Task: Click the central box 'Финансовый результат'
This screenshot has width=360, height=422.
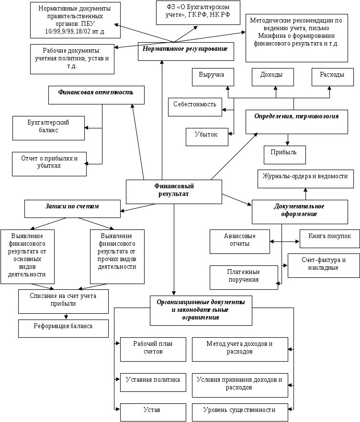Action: [x=174, y=192]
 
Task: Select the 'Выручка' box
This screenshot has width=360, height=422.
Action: [x=213, y=77]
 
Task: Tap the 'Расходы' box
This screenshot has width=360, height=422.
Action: [x=333, y=77]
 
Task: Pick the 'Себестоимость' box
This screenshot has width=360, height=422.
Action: [x=195, y=107]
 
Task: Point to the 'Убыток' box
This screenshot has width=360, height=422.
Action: [x=207, y=137]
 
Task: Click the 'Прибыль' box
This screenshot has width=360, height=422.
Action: [x=285, y=155]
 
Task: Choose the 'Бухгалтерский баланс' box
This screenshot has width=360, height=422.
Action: [x=48, y=128]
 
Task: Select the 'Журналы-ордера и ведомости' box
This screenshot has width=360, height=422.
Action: [x=305, y=179]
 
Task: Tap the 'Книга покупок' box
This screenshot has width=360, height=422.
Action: [x=329, y=239]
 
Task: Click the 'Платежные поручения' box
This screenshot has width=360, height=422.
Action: [x=244, y=277]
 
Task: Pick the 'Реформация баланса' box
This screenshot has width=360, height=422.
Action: [x=63, y=328]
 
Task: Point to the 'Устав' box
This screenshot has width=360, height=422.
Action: [x=153, y=412]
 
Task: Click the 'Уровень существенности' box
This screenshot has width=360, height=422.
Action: [x=240, y=412]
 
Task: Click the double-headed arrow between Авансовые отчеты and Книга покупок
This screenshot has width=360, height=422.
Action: [x=285, y=241]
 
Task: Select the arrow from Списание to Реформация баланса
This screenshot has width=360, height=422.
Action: [x=66, y=317]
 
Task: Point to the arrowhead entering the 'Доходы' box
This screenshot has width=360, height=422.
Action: [x=276, y=88]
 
